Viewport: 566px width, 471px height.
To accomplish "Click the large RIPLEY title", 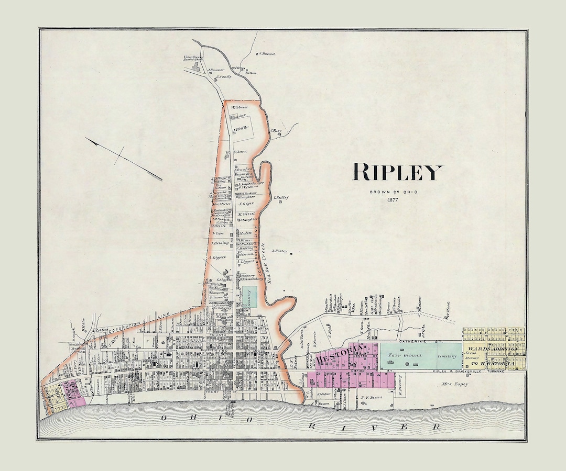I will click(x=397, y=172).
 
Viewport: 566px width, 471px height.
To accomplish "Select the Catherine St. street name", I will click(x=415, y=341).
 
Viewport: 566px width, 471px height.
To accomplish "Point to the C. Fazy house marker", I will click(x=280, y=134).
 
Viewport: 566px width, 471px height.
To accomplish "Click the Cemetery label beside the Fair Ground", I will click(x=447, y=356).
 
